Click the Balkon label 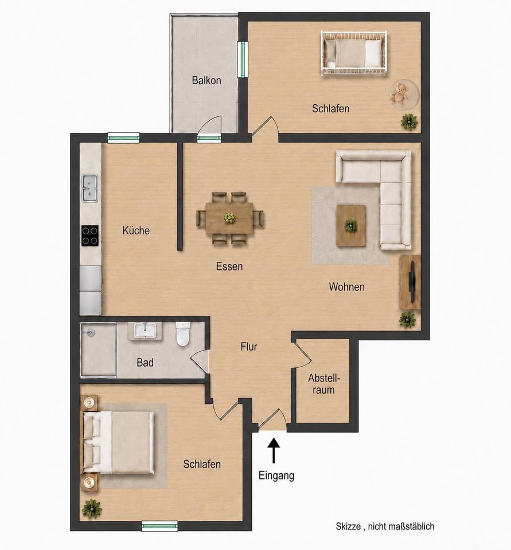[206, 80]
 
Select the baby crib [354, 53]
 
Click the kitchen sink [90, 188]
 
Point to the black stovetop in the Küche [90, 235]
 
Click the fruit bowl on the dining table [229, 218]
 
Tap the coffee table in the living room [351, 226]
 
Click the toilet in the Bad [182, 334]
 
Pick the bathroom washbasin [145, 331]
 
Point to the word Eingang [276, 476]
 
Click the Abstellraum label [324, 384]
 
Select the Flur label [249, 347]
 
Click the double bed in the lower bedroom [118, 442]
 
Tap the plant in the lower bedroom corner [92, 509]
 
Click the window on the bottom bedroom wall [160, 526]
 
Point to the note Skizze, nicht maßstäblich [385, 526]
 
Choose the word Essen [229, 266]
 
